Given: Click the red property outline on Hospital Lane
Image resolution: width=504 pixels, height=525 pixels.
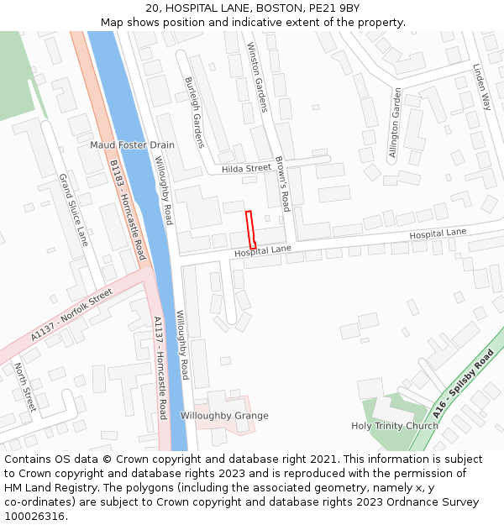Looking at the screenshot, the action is click(x=249, y=228).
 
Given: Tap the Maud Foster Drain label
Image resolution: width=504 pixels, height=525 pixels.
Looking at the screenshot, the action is click(x=132, y=145).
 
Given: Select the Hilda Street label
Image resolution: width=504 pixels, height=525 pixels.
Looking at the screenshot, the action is click(x=246, y=169).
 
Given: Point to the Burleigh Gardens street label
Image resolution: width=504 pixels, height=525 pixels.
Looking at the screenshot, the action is click(x=194, y=113).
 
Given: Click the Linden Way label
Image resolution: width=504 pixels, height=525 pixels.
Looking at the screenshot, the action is click(x=481, y=87).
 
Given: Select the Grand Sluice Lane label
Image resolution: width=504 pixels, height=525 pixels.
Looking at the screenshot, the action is click(x=73, y=210).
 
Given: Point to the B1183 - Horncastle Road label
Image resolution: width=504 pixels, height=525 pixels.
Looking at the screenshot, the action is click(x=128, y=209).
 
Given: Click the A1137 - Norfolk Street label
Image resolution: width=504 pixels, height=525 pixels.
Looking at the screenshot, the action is click(x=71, y=314).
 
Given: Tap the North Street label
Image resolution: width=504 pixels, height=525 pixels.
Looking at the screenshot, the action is click(x=24, y=386).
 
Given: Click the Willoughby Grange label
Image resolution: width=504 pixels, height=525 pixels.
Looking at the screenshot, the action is click(x=224, y=416).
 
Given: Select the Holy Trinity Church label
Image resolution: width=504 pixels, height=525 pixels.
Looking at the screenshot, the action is click(x=394, y=426).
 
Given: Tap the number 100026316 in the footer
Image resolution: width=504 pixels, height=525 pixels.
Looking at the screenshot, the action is click(x=35, y=516).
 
